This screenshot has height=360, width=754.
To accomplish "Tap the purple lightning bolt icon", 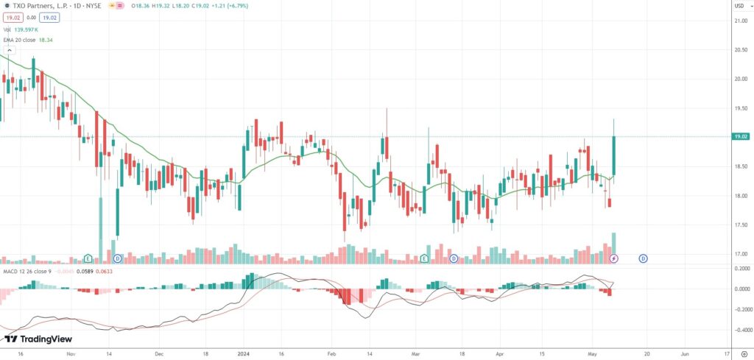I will point(614,258).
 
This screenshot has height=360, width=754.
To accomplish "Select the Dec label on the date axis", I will point(158,353).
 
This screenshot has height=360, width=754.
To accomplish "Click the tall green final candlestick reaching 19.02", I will point(613,155).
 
